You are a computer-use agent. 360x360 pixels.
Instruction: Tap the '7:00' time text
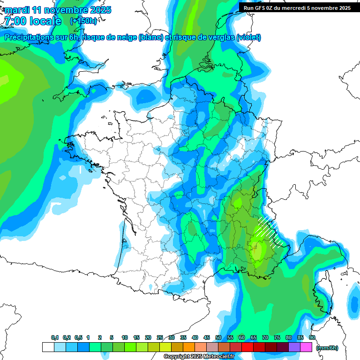tap(15, 21)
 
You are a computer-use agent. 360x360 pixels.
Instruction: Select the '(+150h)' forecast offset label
tap(83, 21)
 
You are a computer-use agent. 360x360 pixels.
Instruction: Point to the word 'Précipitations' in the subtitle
tap(32, 37)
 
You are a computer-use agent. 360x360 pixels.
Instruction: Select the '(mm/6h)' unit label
tap(327, 348)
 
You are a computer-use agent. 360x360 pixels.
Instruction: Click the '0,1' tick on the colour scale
tap(55, 338)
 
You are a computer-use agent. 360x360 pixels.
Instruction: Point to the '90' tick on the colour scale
tap(312, 338)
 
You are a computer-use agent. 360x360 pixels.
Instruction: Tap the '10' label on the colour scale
tap(125, 338)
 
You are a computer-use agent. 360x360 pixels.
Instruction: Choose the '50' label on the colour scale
tap(218, 338)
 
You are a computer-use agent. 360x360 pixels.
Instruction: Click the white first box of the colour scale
tap(48, 347)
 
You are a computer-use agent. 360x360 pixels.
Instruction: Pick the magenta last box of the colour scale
tap(306, 347)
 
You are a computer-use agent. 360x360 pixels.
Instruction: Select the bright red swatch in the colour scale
tap(247, 347)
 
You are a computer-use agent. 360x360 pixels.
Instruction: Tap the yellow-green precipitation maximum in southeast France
tap(257, 248)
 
